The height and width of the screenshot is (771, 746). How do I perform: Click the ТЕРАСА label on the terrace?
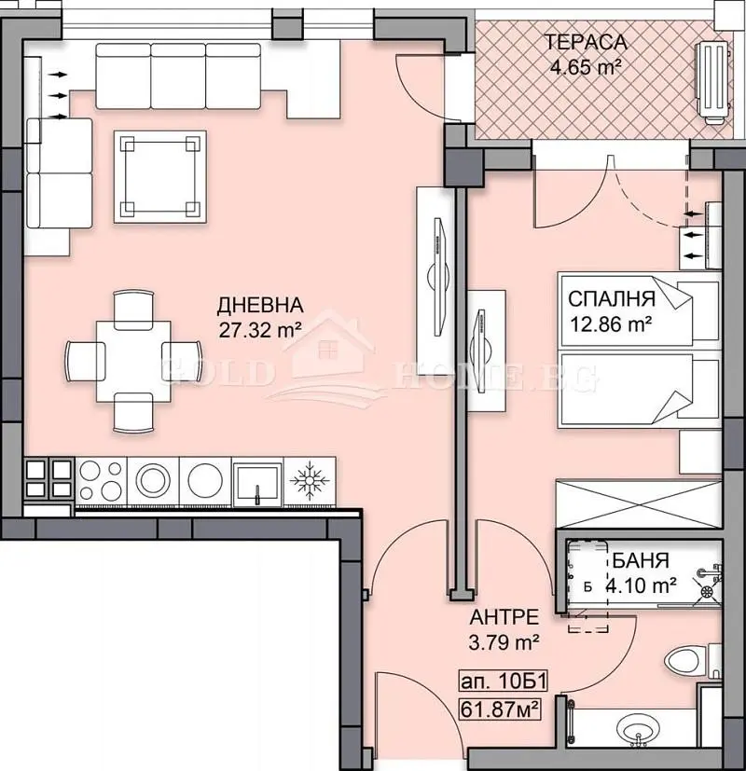click(x=586, y=42)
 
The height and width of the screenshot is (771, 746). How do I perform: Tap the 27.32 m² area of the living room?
click(x=259, y=329)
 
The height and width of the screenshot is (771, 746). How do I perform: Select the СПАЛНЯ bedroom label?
click(x=612, y=299)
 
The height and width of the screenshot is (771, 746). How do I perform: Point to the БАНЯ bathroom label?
click(x=641, y=560)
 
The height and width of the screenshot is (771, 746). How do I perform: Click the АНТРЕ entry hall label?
click(x=504, y=617)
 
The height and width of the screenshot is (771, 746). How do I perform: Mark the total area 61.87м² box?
click(x=500, y=709)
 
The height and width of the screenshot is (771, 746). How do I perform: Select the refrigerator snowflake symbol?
click(x=310, y=480)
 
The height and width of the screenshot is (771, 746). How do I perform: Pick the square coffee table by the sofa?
click(x=160, y=177)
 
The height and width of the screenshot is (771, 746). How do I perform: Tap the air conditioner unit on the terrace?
click(x=712, y=83)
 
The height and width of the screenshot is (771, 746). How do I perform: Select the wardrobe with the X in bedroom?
click(x=639, y=504)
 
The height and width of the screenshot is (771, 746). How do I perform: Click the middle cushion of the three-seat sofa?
click(x=178, y=76)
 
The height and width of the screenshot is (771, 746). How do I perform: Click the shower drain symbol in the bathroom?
click(x=707, y=590)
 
